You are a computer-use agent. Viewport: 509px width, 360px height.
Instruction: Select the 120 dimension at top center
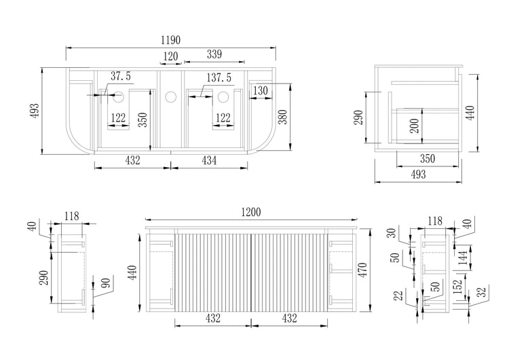point(170,57)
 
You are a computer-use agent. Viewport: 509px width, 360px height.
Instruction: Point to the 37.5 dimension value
point(121,76)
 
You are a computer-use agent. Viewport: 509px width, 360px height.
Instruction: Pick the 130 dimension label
point(261,90)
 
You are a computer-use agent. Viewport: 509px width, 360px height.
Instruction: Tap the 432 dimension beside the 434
point(132,160)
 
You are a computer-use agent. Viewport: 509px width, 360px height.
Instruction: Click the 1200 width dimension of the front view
point(250,213)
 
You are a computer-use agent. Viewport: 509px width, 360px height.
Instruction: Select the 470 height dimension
point(363,269)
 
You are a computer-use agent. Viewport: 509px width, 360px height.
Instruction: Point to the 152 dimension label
point(458,286)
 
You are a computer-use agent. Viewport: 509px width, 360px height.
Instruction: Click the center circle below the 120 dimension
point(170,97)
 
